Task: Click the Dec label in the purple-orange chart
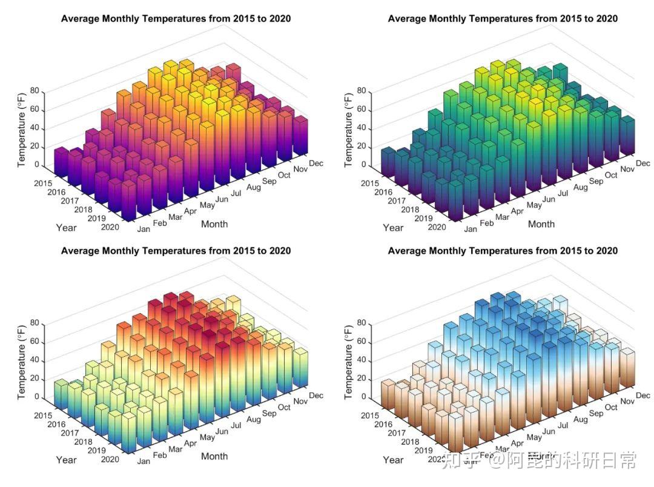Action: pos(316,163)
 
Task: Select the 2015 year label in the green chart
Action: pos(371,184)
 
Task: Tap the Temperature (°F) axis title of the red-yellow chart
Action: pos(22,359)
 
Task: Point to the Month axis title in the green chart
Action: pos(541,224)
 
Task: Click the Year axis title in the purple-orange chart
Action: pos(66,228)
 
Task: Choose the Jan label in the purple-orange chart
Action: pos(144,229)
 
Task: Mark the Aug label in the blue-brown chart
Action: pos(581,419)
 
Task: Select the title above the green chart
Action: pos(503,19)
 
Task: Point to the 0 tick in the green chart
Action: pos(363,165)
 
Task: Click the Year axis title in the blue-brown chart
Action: pos(393,460)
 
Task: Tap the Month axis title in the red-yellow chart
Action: pos(214,456)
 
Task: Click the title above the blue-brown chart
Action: pos(503,251)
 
